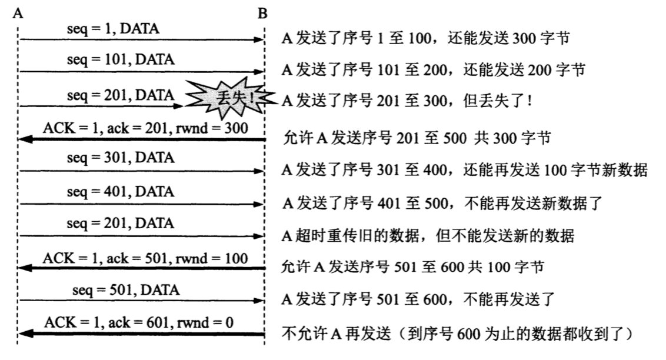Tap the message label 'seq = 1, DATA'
point(113,28)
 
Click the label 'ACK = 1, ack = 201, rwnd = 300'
point(145,127)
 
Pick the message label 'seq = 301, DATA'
point(121,158)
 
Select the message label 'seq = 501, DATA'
point(126,290)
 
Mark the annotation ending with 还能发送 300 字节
point(427,38)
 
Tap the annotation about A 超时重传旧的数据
point(428,236)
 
